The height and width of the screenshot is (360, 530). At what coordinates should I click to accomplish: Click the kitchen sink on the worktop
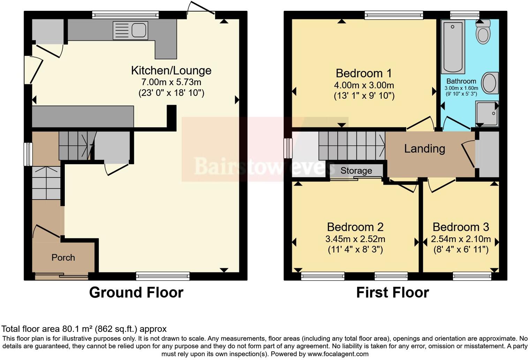(131, 30)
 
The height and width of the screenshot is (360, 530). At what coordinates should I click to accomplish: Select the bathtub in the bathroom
(453, 47)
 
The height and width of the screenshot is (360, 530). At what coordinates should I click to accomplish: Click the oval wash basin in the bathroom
(490, 83)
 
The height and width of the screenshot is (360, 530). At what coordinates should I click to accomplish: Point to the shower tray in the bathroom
(487, 114)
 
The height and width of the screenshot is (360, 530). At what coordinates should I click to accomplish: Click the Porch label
(63, 257)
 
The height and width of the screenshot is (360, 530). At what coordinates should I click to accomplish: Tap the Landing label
(424, 149)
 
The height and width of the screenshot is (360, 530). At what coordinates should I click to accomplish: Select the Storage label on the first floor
(356, 171)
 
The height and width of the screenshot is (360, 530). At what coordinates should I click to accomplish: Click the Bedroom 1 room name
(364, 73)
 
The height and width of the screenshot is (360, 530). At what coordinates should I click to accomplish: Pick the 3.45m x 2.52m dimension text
(355, 239)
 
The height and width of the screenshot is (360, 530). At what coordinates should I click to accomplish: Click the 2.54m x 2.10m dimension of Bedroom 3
(461, 239)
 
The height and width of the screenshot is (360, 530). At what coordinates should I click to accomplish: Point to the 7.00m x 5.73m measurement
(171, 82)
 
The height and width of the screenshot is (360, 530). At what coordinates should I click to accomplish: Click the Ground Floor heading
(136, 292)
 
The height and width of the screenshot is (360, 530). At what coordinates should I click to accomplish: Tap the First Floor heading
(392, 292)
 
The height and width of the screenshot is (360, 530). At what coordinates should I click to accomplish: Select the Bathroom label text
(461, 81)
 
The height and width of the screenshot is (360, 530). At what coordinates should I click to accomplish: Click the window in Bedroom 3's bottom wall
(472, 276)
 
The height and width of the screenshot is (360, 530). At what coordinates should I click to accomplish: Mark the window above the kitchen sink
(126, 15)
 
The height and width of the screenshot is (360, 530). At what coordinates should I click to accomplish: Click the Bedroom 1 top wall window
(394, 15)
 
